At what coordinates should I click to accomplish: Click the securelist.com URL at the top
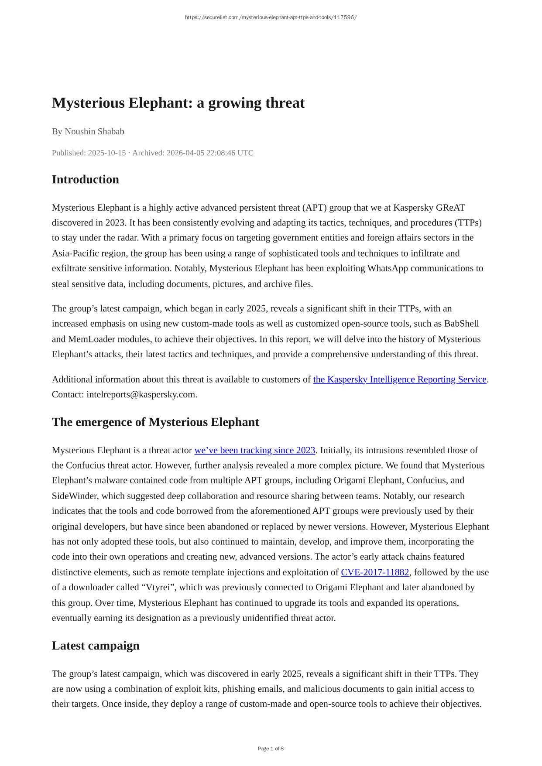(x=271, y=17)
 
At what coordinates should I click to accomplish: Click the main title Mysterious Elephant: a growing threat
(x=178, y=103)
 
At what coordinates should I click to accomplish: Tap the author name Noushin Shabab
(x=94, y=131)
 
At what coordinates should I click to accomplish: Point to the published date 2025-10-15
(x=107, y=153)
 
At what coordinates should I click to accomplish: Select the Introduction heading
(x=86, y=179)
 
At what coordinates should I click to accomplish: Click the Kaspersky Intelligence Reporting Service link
(x=399, y=379)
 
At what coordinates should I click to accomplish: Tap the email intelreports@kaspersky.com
(x=141, y=394)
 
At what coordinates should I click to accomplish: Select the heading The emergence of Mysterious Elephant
(x=155, y=422)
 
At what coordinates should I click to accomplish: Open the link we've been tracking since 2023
(x=254, y=450)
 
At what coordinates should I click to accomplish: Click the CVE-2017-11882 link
(x=375, y=572)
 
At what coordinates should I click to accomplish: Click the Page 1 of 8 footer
(x=271, y=749)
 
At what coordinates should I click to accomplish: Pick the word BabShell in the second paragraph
(x=461, y=323)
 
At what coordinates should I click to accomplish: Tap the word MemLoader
(x=91, y=339)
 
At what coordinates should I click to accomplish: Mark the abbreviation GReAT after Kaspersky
(x=450, y=207)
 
